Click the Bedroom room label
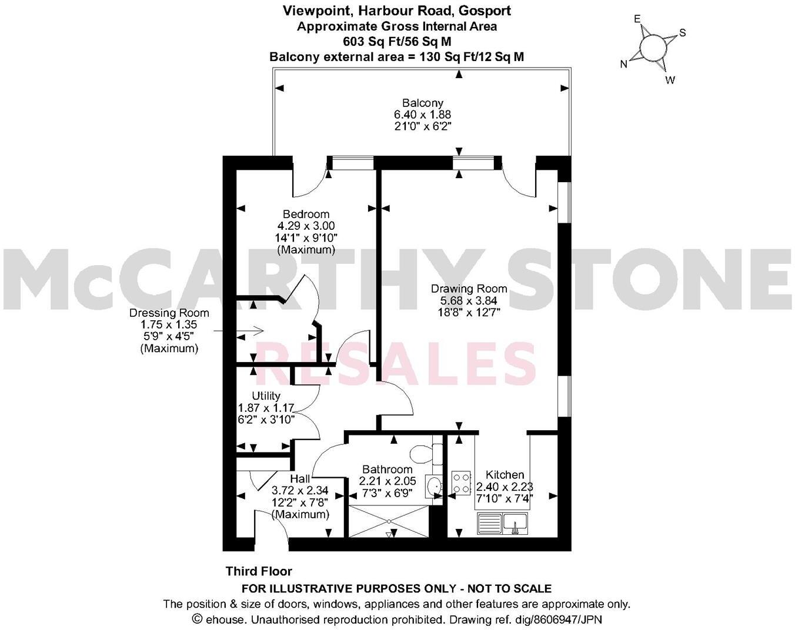click(x=306, y=214)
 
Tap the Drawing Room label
click(x=469, y=289)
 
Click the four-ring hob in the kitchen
click(x=461, y=482)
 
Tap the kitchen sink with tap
click(x=515, y=522)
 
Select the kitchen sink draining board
click(x=489, y=522)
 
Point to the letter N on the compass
click(x=624, y=65)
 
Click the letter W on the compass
click(x=670, y=81)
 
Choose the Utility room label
click(x=266, y=396)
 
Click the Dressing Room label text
click(x=169, y=313)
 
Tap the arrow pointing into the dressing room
click(x=252, y=331)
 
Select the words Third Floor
click(x=259, y=571)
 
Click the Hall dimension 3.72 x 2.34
click(x=300, y=491)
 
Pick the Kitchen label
click(x=505, y=475)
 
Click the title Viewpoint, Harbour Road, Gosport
click(x=397, y=11)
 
